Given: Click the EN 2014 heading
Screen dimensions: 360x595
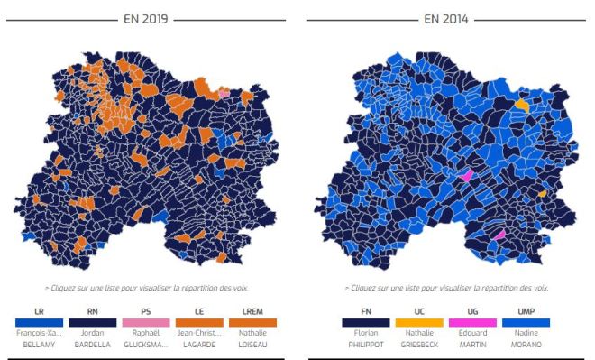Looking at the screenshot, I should [x=445, y=18].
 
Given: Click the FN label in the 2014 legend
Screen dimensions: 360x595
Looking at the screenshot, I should [x=365, y=310].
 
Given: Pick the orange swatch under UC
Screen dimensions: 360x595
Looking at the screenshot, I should [x=419, y=321].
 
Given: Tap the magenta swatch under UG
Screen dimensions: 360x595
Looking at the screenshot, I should [x=473, y=321].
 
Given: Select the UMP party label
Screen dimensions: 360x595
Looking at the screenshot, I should [x=527, y=310].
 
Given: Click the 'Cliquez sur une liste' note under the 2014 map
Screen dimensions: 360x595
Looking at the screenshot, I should [x=445, y=287].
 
